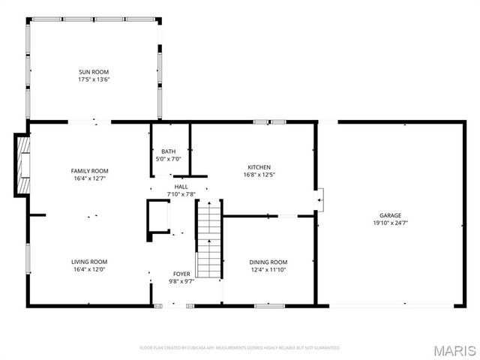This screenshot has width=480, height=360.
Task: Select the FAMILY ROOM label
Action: pyautogui.click(x=89, y=171)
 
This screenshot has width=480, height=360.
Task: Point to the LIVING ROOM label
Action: pyautogui.click(x=89, y=262)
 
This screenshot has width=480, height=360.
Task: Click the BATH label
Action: pyautogui.click(x=168, y=151)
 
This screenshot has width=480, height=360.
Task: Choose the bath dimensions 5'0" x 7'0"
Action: pyautogui.click(x=168, y=159)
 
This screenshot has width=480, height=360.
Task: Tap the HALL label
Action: pyautogui.click(x=181, y=187)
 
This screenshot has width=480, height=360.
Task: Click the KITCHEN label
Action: pyautogui.click(x=259, y=167)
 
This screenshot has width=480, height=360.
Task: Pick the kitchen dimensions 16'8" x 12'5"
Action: pyautogui.click(x=259, y=175)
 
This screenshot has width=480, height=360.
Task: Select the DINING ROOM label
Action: pyautogui.click(x=268, y=262)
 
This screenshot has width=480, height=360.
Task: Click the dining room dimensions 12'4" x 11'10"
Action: pyautogui.click(x=268, y=269)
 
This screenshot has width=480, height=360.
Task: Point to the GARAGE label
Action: pyautogui.click(x=390, y=214)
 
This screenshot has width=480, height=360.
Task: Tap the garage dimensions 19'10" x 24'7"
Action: pyautogui.click(x=390, y=222)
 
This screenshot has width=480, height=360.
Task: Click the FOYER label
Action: pyautogui.click(x=181, y=274)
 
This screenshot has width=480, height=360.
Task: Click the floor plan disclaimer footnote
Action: pyautogui.click(x=240, y=347)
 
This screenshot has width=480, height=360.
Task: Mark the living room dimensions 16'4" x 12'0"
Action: pyautogui.click(x=89, y=269)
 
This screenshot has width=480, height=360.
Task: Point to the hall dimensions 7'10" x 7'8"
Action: pyautogui.click(x=181, y=194)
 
